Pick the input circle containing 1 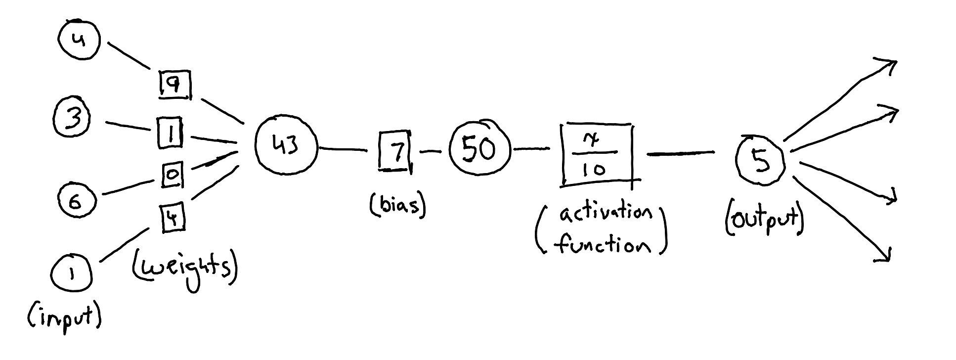click(72, 275)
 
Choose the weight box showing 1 click(170, 133)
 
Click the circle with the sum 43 click(286, 146)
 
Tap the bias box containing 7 click(394, 151)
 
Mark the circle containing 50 click(478, 148)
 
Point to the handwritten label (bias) click(397, 205)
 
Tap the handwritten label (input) click(64, 315)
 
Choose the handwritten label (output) click(764, 221)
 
